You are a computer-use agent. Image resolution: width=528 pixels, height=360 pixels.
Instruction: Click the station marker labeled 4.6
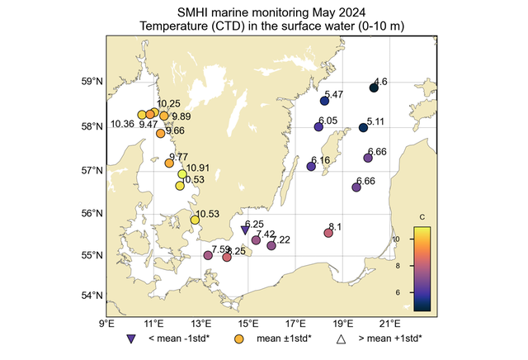374,88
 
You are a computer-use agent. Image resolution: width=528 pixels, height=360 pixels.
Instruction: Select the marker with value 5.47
324,101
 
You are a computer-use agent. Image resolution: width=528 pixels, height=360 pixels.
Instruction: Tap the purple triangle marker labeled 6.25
245,230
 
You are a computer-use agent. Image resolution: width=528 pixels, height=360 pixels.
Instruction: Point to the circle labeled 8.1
328,233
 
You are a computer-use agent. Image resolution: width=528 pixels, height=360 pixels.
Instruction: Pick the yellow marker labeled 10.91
182,173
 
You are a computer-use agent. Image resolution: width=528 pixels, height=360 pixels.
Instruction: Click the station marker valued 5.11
363,127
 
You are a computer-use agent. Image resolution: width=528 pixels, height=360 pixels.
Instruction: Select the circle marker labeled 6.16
311,167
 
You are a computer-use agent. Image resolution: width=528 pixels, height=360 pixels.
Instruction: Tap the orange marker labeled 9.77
169,163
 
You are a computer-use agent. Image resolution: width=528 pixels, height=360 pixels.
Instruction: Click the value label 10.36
122,125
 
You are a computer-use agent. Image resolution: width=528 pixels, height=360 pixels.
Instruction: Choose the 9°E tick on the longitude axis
106,323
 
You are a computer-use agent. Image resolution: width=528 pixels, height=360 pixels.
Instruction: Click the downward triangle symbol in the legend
131,339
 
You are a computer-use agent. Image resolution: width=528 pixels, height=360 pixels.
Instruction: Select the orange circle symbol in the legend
239,339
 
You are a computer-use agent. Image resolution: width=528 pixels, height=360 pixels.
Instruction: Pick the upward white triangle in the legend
340,339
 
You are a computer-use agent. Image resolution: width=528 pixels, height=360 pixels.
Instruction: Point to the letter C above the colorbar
422,217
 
